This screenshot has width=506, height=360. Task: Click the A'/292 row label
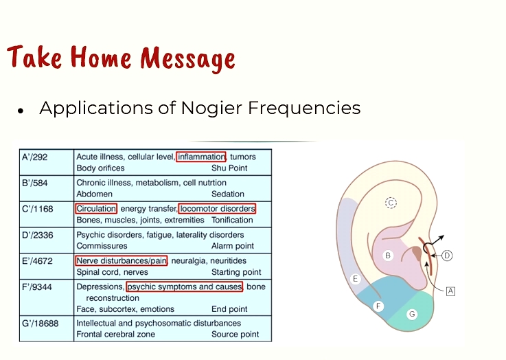(x=34, y=157)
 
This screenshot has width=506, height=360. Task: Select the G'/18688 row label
(x=41, y=323)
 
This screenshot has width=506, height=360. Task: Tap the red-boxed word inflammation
(x=201, y=157)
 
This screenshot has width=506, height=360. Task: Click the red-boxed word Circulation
(x=96, y=209)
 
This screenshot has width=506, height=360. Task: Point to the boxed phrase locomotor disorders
(x=217, y=209)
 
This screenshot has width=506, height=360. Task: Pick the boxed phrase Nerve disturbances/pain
(x=122, y=260)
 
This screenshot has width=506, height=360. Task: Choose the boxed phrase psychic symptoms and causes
(x=184, y=286)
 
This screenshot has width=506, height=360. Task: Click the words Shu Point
(x=229, y=168)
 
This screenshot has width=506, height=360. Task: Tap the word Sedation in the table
(x=227, y=194)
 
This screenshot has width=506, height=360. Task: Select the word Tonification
(x=232, y=220)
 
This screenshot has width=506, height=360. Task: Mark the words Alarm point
(x=232, y=246)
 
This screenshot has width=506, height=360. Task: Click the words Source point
(x=235, y=334)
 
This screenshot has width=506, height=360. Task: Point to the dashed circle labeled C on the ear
(x=391, y=203)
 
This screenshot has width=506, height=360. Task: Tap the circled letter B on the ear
(x=388, y=256)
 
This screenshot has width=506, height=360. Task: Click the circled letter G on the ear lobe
(x=412, y=314)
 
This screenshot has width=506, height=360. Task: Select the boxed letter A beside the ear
(x=450, y=291)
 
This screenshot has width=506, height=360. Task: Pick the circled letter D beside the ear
(x=447, y=256)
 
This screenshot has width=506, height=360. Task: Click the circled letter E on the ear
(x=355, y=279)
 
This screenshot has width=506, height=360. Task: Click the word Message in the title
(x=188, y=58)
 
